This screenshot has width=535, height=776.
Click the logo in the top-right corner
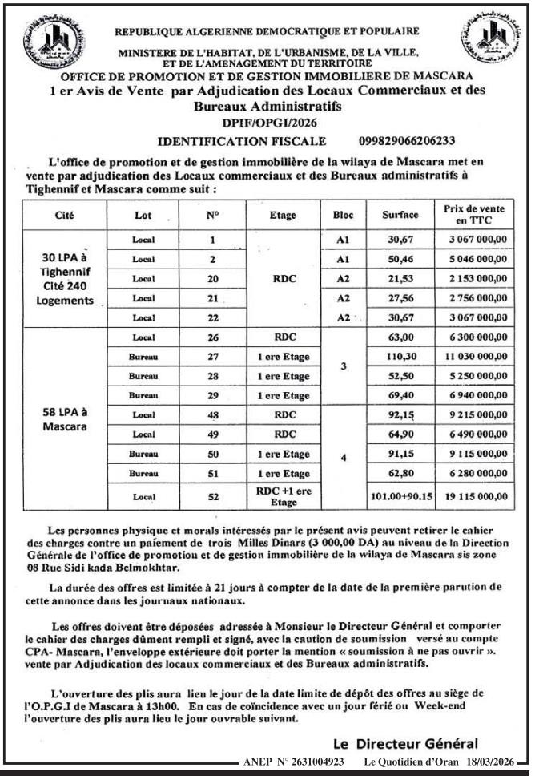(x=489, y=38)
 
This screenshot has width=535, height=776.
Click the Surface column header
(x=400, y=215)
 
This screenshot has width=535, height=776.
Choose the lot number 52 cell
(x=213, y=496)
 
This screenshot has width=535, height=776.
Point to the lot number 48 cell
(x=213, y=415)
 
